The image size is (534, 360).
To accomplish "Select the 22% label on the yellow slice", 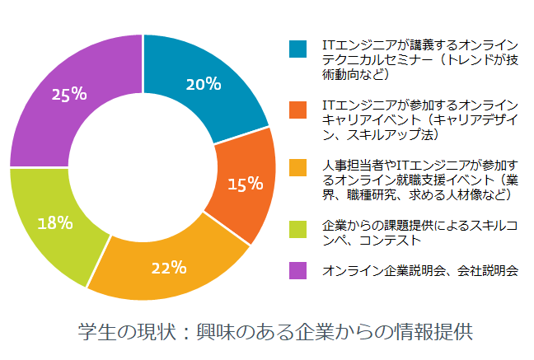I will click(168, 267).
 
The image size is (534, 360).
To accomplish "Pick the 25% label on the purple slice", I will click(69, 93).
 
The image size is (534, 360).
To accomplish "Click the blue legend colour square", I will click(297, 49).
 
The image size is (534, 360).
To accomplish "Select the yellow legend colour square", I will click(297, 167).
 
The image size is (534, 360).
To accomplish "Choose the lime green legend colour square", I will click(297, 227).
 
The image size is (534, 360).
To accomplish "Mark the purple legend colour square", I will click(297, 269).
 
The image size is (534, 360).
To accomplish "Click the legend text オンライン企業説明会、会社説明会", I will click(420, 270).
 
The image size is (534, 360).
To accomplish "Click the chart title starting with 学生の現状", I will click(275, 333).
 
